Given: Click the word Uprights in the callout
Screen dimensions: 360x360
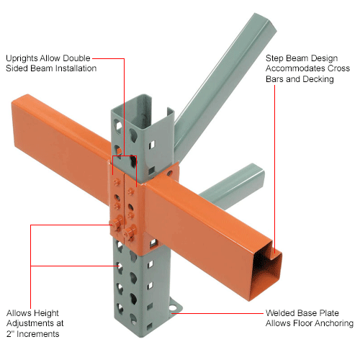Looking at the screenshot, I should click(x=22, y=57).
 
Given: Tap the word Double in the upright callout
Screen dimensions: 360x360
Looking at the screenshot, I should click(x=77, y=57).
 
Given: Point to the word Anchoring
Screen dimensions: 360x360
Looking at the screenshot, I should click(x=332, y=324).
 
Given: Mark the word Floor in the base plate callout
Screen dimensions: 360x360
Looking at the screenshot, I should click(x=298, y=324).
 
